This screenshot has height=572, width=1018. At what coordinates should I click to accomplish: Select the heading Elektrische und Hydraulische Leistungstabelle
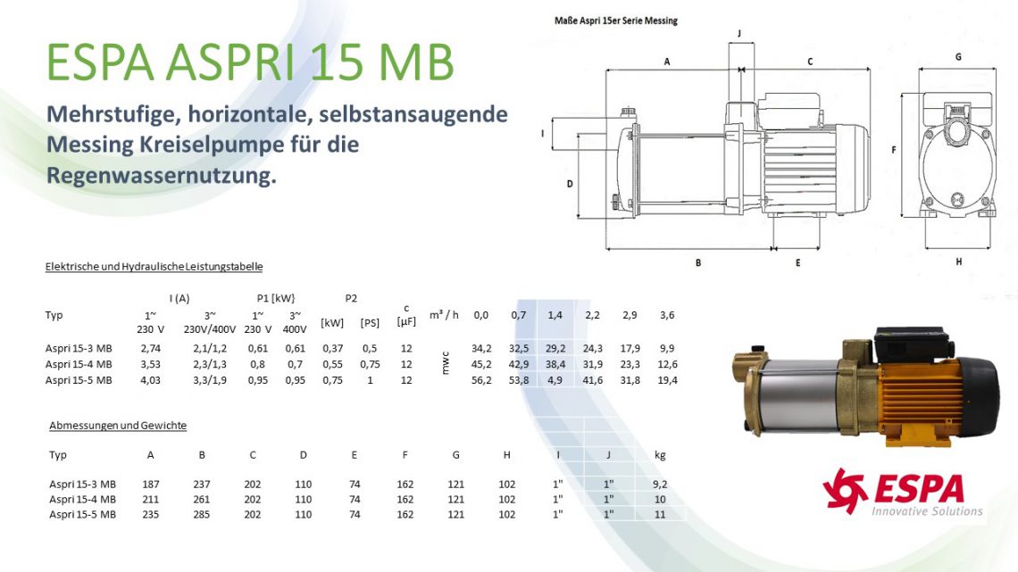click(154, 267)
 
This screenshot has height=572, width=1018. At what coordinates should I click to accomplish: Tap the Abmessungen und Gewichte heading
click(118, 426)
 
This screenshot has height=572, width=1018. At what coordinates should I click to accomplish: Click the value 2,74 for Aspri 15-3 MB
click(150, 348)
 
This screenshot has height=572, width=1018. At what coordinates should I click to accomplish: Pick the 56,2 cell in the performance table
click(481, 380)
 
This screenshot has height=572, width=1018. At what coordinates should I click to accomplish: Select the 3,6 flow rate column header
click(667, 315)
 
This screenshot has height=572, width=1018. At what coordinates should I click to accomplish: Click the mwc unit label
click(447, 364)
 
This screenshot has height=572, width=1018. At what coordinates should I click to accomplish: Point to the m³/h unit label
click(444, 315)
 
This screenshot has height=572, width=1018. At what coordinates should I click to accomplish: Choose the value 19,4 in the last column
click(667, 380)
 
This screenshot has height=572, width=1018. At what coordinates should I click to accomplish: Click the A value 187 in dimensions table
click(150, 484)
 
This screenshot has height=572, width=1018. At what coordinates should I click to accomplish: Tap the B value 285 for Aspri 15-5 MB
click(202, 514)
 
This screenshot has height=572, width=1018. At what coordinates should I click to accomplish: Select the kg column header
click(660, 455)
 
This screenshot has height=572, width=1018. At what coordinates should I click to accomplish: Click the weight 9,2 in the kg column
click(660, 484)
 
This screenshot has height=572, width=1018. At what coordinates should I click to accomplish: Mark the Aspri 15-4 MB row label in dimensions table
click(82, 499)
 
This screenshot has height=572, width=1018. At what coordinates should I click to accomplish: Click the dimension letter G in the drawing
click(958, 57)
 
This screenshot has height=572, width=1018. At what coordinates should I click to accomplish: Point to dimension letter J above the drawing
click(739, 33)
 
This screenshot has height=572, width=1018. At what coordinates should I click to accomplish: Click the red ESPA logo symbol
click(845, 490)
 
